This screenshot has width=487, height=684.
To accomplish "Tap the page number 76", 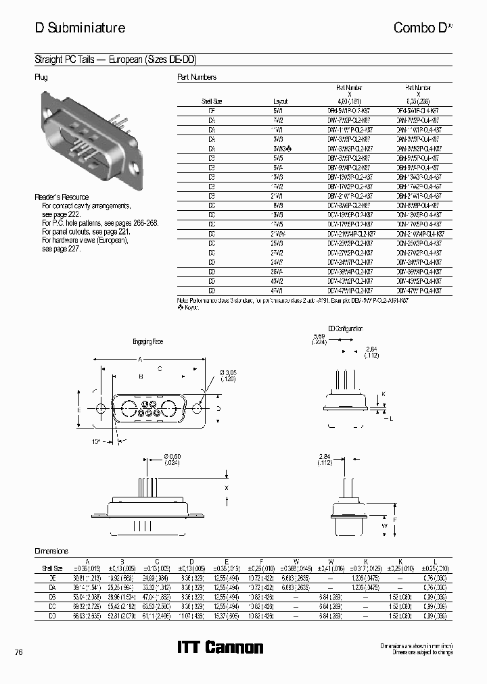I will tap(19, 652).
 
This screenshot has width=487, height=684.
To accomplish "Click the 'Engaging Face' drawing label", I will tap(148, 341).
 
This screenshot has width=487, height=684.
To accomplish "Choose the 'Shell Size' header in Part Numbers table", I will tap(212, 101).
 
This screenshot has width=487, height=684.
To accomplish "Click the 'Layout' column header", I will tap(280, 101).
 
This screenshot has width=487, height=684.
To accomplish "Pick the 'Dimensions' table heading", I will tap(51, 551).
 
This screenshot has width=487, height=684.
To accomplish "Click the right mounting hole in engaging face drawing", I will tap(198, 409).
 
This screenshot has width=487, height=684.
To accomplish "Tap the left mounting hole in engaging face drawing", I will tap(101, 409).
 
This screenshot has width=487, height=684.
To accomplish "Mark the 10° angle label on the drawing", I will tap(97, 441).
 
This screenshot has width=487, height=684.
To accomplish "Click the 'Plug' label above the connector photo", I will tap(41, 78).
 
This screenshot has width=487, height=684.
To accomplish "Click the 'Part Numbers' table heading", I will tap(196, 78).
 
